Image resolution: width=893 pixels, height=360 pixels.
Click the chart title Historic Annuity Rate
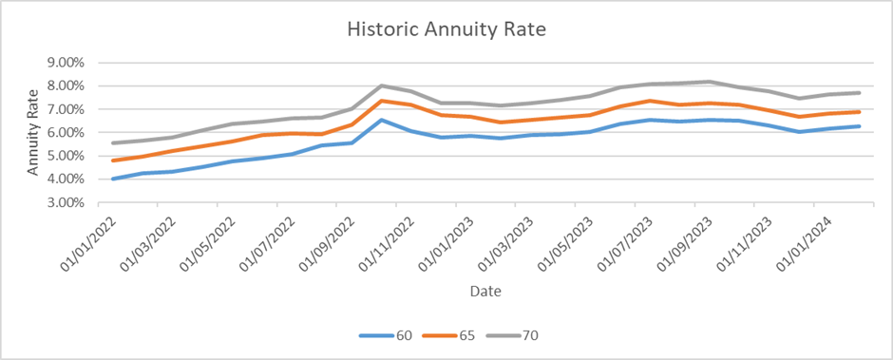click(446, 29)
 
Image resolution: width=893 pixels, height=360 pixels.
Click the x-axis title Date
click(483, 290)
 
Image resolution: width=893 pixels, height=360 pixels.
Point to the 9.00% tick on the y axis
click(66, 63)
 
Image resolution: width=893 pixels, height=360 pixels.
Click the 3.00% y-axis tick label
click(66, 202)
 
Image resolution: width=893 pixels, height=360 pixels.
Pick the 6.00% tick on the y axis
click(66, 133)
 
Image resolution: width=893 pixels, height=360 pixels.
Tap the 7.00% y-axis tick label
click(66, 109)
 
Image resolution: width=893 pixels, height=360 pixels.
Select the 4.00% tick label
click(66, 180)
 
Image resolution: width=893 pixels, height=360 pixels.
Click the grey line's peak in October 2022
click(381, 85)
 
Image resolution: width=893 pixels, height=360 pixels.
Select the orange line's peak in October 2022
click(381, 101)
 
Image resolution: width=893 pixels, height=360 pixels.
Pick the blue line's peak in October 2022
click(381, 120)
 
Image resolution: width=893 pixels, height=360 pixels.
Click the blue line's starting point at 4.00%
click(113, 179)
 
